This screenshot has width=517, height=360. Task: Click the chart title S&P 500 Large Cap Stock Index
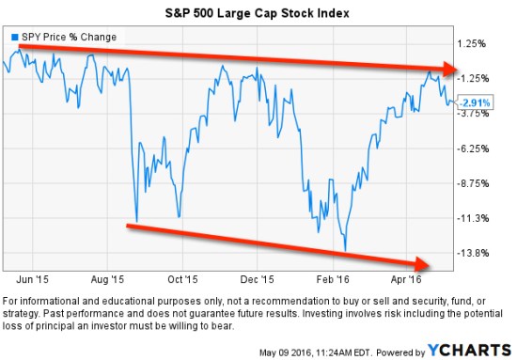point(258,13)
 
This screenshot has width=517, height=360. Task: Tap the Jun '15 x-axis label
point(34,279)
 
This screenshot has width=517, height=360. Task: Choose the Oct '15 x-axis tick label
point(182,279)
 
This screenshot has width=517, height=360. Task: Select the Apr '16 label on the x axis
point(405,279)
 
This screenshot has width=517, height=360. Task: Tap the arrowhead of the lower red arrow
point(426,263)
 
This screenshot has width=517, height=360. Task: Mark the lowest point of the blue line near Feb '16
point(346,251)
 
